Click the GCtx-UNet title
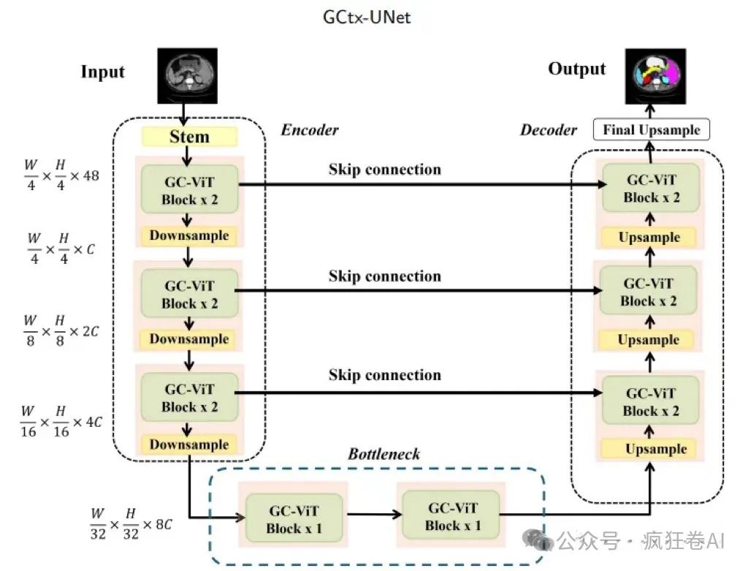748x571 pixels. pos(367,17)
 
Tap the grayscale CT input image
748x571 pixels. pos(188,75)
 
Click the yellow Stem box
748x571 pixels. pos(190,137)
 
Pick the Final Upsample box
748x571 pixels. pos(652,131)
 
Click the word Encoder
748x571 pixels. pos(310,130)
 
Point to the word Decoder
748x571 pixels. pos(548,130)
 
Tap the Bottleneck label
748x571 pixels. pos(383,454)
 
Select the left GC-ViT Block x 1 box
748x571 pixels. pos(294,518)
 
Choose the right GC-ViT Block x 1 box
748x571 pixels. pos(453,516)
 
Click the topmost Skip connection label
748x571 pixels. pos(385,170)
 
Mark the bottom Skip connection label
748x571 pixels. pos(385,375)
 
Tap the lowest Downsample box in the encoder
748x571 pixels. pos(189,445)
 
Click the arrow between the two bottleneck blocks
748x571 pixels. pos(373,515)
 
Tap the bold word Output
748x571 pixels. pos(577,69)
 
